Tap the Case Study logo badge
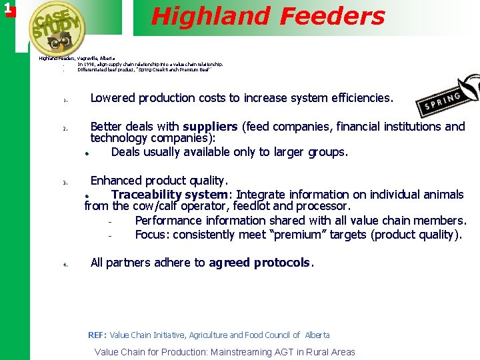point(58,30)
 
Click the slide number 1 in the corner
point(7,9)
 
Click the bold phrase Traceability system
point(169,195)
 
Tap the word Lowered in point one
point(112,98)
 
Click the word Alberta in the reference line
point(316,335)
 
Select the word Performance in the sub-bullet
point(168,221)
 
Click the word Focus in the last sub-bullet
point(151,235)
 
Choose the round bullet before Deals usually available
point(87,153)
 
